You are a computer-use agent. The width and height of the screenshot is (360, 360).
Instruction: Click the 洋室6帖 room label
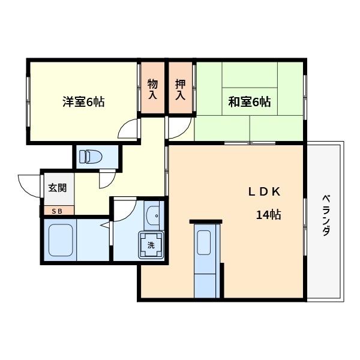tap(83, 102)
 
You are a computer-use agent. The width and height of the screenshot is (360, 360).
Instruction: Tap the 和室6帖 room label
tap(249, 102)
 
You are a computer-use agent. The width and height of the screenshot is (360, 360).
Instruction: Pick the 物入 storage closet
tap(153, 89)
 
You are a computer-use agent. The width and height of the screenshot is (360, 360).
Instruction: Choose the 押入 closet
tap(181, 89)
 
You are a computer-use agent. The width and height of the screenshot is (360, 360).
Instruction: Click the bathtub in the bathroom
tap(60, 240)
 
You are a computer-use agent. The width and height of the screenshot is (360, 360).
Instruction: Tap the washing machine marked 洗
tap(151, 245)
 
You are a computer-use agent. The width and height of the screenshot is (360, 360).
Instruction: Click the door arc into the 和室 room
tap(179, 128)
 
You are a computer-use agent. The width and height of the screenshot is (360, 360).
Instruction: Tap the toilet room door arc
tap(108, 178)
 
